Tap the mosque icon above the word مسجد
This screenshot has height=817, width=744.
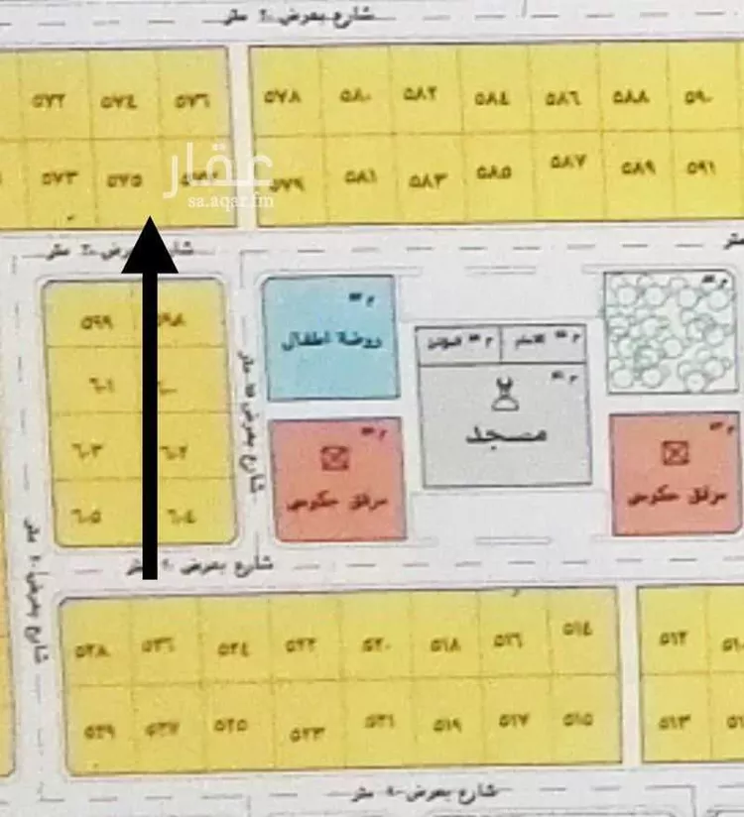coord(504,398)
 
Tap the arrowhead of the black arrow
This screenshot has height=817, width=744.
coord(149,245)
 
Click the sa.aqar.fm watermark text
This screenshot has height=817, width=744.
coord(231,200)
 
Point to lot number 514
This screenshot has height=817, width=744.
coord(576,628)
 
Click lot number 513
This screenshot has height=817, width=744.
coord(675,720)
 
